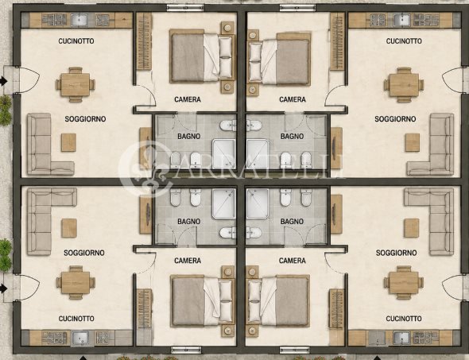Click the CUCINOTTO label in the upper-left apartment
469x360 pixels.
76,41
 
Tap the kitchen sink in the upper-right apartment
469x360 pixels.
401,20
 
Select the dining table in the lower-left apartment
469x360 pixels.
76,283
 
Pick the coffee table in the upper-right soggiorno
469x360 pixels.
413,142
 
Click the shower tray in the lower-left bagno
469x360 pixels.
223,203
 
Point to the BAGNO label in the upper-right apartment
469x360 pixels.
293,137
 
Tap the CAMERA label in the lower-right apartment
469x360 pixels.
293,261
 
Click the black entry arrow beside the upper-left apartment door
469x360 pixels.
4,81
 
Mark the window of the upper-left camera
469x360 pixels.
185,8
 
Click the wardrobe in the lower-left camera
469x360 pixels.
144,309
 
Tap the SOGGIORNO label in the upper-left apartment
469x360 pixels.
85,119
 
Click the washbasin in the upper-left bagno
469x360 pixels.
228,126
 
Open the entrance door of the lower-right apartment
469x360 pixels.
452,288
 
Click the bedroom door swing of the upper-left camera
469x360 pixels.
148,95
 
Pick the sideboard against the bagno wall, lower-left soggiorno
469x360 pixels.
145,214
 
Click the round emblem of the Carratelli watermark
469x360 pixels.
146,169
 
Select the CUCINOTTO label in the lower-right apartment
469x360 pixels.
404,319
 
